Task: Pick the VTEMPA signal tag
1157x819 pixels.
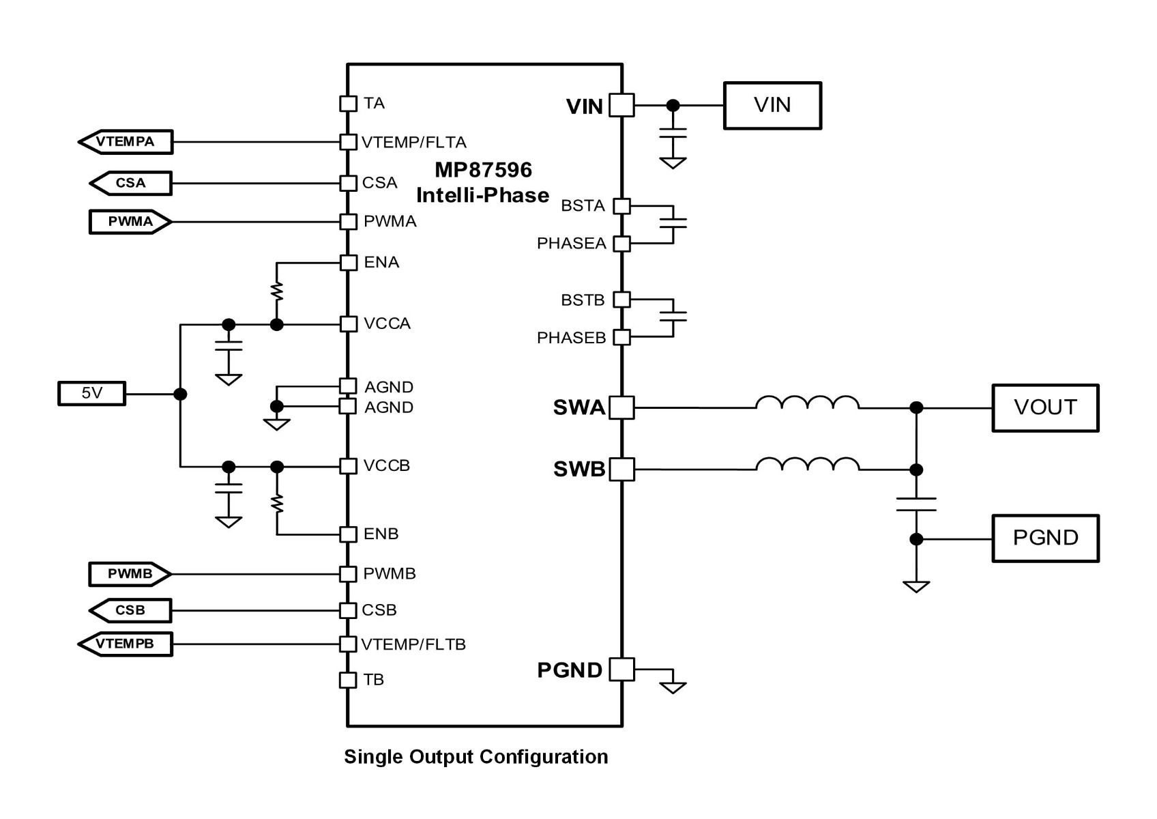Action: click(x=126, y=141)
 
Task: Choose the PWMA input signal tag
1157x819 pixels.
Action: click(x=130, y=222)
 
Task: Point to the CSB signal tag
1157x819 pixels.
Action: click(x=130, y=610)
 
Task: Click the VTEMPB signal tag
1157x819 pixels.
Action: click(x=126, y=644)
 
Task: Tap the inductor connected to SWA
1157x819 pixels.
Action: click(x=807, y=403)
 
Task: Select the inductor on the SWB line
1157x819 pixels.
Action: click(x=807, y=464)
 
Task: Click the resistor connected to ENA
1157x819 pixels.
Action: click(x=277, y=291)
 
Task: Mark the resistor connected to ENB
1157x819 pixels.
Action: click(x=278, y=503)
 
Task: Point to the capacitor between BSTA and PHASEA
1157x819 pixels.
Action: click(x=673, y=223)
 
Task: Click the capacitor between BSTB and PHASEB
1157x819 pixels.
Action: click(x=673, y=317)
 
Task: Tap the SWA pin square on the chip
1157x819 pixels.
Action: click(x=621, y=407)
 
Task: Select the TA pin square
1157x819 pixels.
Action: click(x=348, y=103)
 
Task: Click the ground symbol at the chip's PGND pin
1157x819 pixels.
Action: click(x=673, y=688)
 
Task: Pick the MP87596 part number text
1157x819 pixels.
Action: click(x=484, y=170)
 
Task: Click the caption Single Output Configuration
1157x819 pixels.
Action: click(x=476, y=756)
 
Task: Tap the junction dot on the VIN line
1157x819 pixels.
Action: click(x=673, y=105)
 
